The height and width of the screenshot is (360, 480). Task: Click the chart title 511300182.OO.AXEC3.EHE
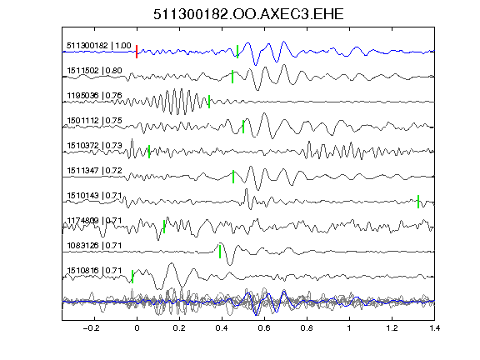tap(248, 14)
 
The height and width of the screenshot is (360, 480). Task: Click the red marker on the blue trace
tap(137, 52)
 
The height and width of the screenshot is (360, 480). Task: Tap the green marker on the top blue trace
tap(237, 52)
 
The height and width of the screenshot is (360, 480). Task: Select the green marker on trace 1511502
tap(232, 77)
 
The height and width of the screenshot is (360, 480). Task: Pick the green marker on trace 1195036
tap(209, 102)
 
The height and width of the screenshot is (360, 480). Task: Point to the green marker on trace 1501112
tap(243, 127)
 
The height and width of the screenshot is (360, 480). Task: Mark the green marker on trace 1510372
tap(149, 152)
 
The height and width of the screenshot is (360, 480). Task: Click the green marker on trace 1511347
tap(233, 177)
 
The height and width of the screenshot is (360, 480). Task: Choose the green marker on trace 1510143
tap(418, 202)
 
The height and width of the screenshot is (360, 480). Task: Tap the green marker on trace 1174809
tap(164, 227)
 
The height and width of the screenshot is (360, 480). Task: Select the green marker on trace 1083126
tap(220, 252)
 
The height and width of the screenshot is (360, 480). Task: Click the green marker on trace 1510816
tap(132, 277)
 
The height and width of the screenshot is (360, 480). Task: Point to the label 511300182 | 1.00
tap(99, 46)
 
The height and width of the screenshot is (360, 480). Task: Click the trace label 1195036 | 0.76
tap(94, 96)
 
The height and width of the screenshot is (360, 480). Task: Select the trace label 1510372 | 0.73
tap(94, 145)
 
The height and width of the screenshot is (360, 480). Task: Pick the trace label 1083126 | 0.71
tap(94, 246)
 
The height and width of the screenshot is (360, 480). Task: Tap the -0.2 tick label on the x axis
tap(92, 328)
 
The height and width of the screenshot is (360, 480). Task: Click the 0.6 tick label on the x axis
tap(264, 328)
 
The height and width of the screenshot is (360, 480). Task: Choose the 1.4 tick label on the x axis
tap(434, 328)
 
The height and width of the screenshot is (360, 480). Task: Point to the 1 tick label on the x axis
tap(349, 328)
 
